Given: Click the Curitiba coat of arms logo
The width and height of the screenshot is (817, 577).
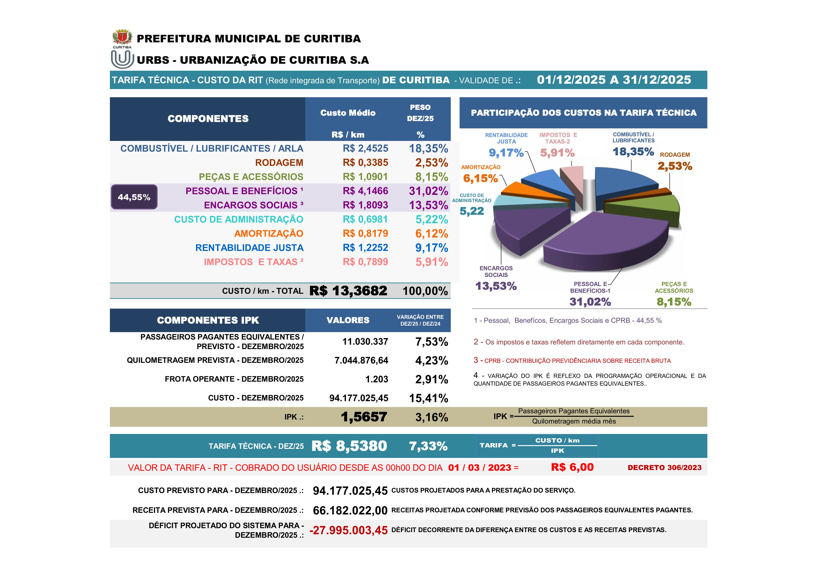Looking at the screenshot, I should [x=122, y=37].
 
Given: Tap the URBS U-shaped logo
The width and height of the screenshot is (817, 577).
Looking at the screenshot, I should [x=122, y=59].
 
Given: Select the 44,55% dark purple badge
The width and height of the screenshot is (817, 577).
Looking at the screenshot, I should [x=134, y=197].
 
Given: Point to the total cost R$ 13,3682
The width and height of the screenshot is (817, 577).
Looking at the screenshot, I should [x=348, y=291].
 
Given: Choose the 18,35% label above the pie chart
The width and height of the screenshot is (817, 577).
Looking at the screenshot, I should [x=633, y=152].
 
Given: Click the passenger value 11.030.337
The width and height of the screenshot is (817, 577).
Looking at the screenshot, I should [x=365, y=342].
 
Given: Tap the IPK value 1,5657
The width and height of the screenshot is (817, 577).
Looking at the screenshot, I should [x=364, y=417].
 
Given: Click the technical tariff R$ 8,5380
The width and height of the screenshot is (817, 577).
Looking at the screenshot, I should [x=349, y=446].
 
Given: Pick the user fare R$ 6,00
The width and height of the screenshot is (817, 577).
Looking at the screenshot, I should [x=572, y=467].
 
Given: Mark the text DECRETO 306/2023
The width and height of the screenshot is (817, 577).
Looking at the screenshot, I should [x=664, y=467].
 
